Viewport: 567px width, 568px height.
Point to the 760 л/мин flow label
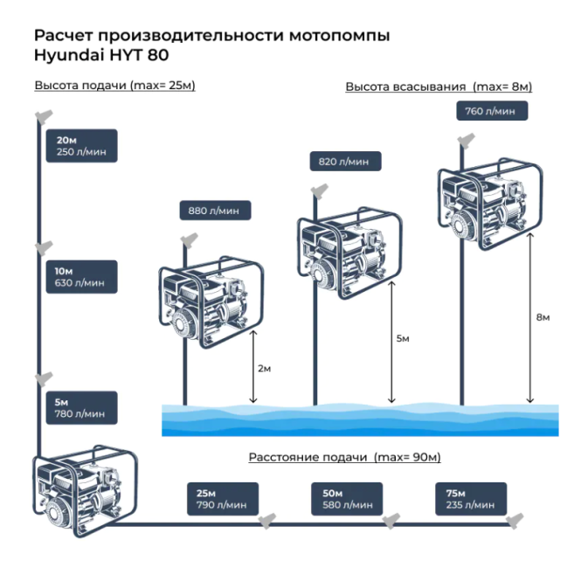point(492,111)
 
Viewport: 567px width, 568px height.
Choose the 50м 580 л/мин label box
point(348,499)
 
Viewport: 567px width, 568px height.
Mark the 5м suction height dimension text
point(402,338)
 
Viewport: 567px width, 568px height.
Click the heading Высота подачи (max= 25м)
point(114,86)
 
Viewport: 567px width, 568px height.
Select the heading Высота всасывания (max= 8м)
point(439,87)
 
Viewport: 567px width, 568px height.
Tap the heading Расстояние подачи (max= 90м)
point(344,457)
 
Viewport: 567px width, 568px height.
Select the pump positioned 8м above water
point(483,205)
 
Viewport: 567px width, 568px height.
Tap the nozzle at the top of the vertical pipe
point(41,116)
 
